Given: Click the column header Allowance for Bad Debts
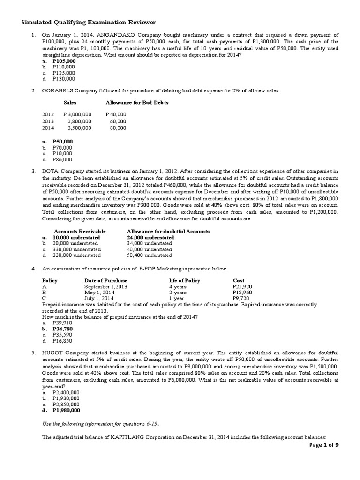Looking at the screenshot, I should (137, 102).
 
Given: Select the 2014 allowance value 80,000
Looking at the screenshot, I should (118, 127).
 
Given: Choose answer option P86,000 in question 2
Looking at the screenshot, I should (62, 159).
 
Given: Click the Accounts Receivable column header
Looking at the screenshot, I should (80, 232).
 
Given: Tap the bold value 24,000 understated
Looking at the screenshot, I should (150, 238).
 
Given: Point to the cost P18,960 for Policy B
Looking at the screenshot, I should (242, 292).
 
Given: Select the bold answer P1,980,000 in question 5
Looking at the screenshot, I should (66, 410).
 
